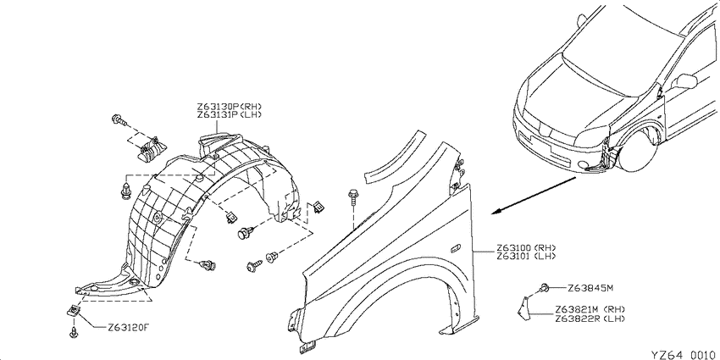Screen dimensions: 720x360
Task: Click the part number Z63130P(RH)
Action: [230, 107]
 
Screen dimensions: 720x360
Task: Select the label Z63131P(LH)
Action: [230, 115]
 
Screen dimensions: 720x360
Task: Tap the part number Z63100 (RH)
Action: [525, 249]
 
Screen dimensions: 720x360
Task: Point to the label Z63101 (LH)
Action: [525, 257]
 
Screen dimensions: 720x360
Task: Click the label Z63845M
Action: [590, 288]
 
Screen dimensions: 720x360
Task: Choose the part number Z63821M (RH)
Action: [590, 309]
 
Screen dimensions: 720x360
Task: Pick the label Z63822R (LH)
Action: [590, 318]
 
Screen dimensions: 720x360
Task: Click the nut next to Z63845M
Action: [545, 288]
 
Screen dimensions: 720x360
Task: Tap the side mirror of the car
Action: [684, 81]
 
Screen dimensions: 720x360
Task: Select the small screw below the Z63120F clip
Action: [74, 332]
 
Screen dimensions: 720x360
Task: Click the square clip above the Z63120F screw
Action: [74, 311]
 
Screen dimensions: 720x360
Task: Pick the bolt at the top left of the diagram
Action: [118, 121]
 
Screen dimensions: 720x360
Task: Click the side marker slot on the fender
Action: [456, 248]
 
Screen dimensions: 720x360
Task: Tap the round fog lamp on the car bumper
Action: [583, 165]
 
